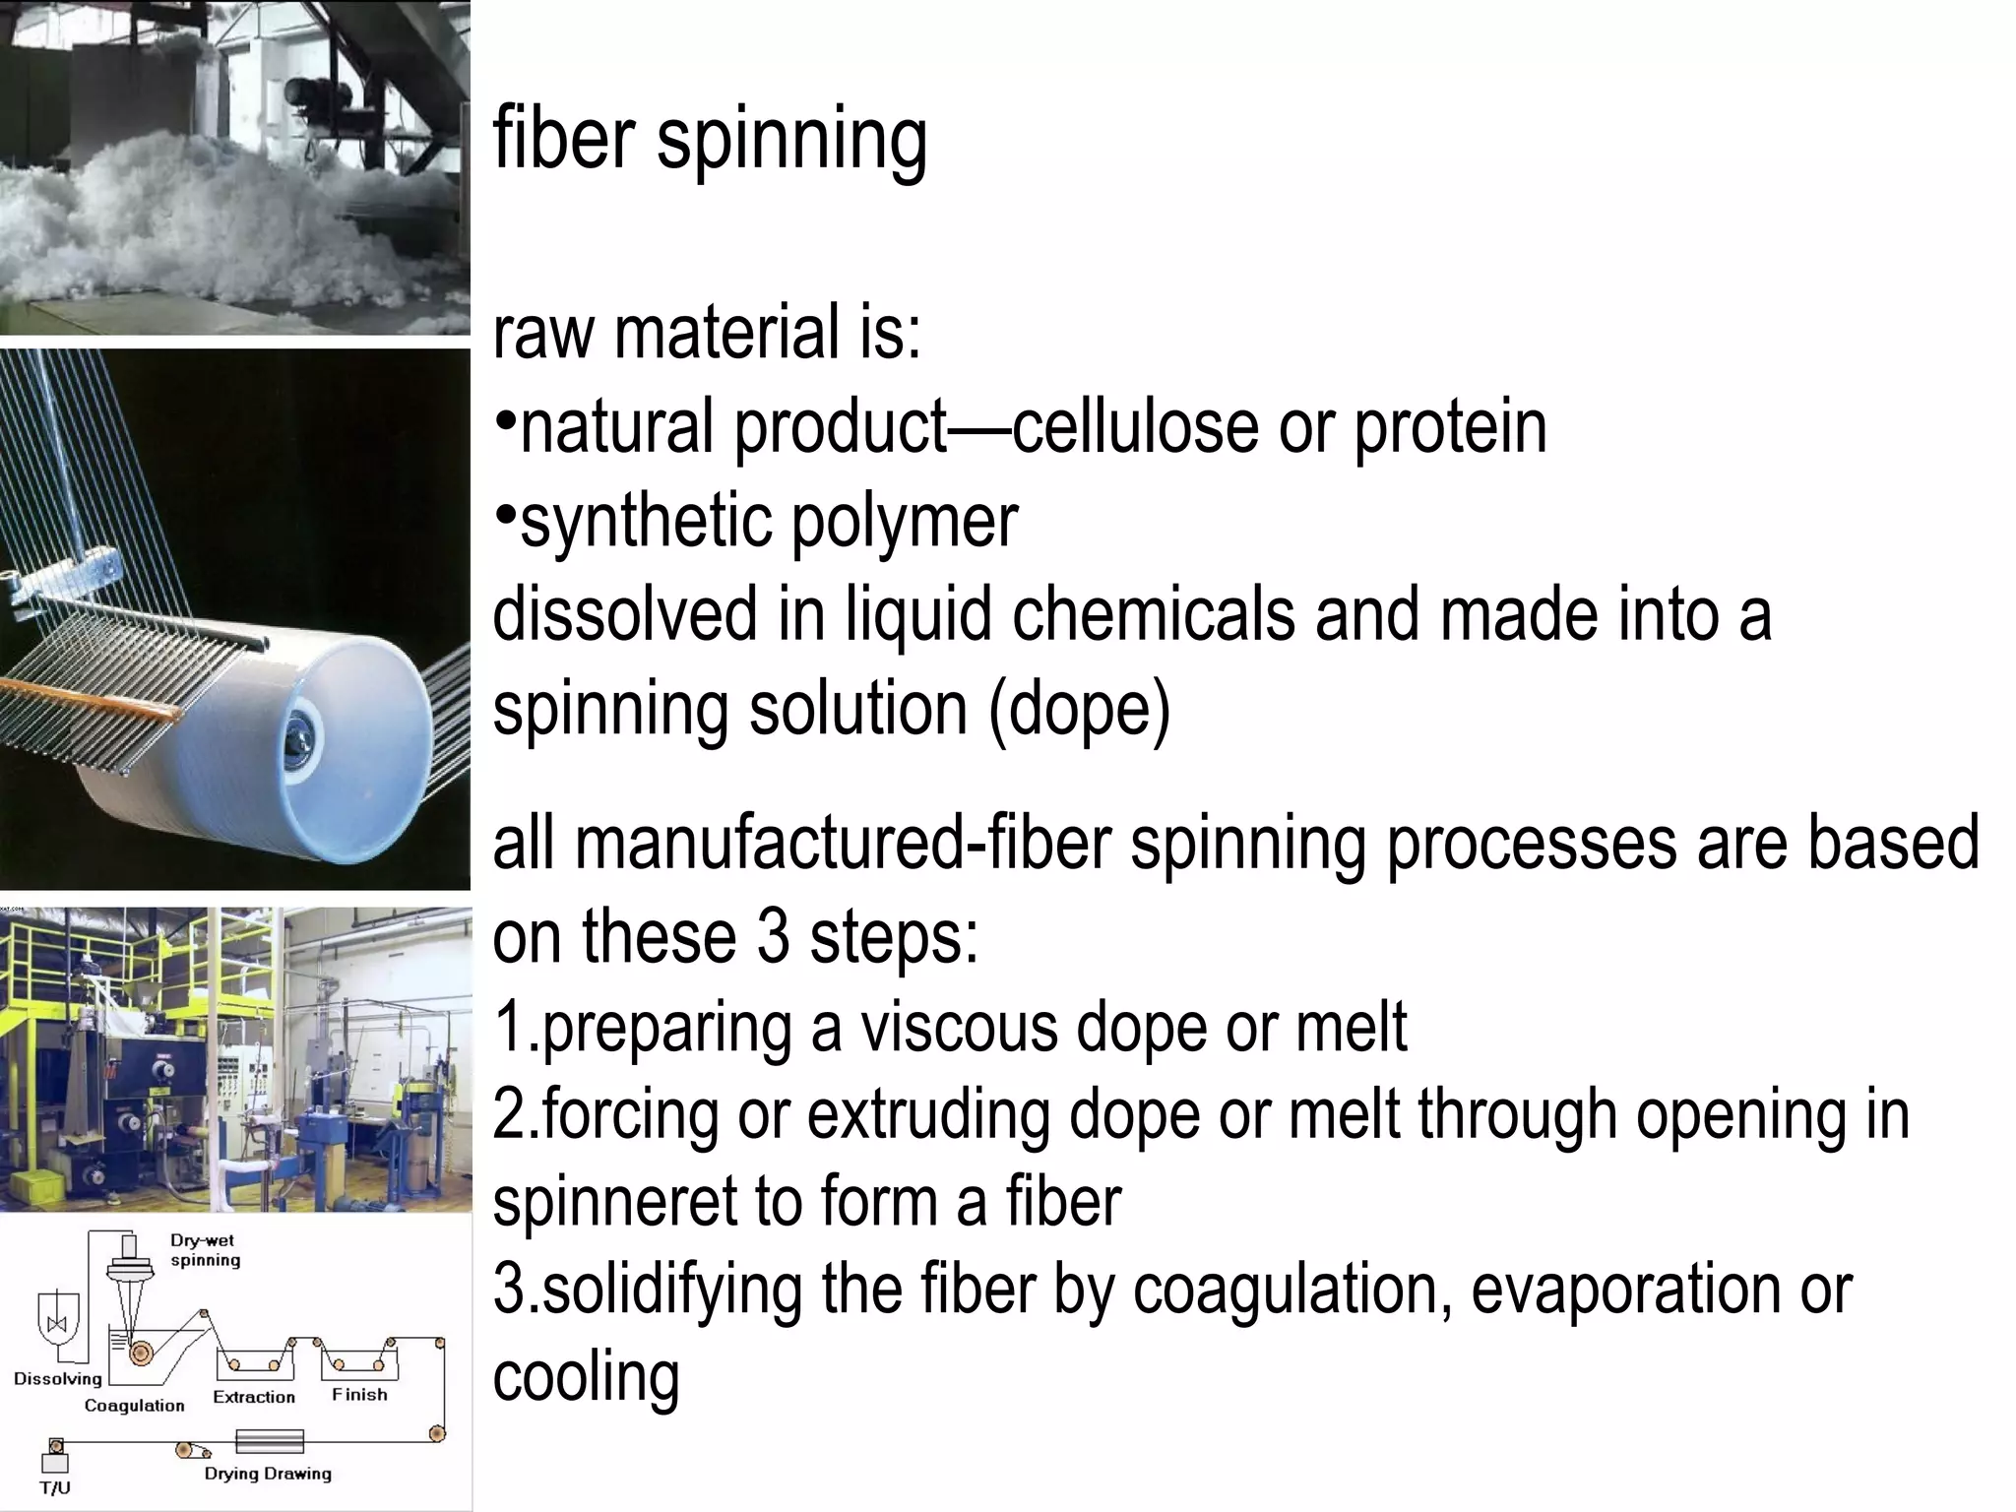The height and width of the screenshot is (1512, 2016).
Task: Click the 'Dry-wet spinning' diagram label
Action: click(205, 1250)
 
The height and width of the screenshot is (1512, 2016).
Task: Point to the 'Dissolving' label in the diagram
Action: click(58, 1378)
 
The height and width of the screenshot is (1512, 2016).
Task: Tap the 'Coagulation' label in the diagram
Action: click(134, 1406)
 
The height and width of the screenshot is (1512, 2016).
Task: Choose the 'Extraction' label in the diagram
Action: click(254, 1397)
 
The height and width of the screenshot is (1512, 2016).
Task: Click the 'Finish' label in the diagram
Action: click(359, 1395)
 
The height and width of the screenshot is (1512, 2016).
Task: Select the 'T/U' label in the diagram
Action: click(55, 1488)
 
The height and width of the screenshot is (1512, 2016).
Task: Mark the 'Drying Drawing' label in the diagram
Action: click(268, 1474)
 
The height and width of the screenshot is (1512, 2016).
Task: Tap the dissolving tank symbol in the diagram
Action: click(56, 1323)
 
